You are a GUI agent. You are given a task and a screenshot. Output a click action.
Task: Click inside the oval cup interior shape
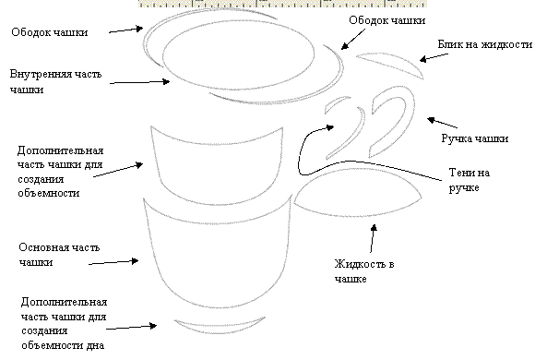pyautogui.click(x=239, y=54)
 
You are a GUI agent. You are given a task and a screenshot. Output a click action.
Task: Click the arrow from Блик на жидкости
pyautogui.click(x=434, y=57)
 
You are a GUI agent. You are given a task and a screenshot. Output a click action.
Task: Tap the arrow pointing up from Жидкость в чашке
pyautogui.click(x=373, y=238)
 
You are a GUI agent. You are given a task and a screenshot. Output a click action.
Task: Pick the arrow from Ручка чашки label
pyautogui.click(x=442, y=123)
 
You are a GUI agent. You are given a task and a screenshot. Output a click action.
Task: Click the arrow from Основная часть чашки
pyautogui.click(x=113, y=262)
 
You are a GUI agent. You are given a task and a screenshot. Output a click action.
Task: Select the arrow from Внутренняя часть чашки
pyautogui.click(x=140, y=82)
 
